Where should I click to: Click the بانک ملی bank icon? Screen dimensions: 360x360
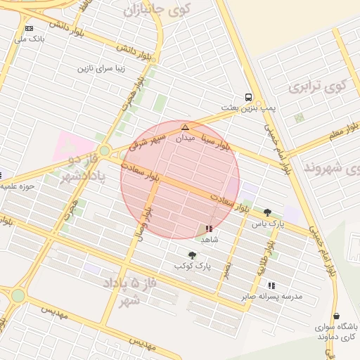tap(29, 28)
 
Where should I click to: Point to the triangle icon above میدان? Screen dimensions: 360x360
tap(185, 127)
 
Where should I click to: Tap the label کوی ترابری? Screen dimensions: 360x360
tap(318, 86)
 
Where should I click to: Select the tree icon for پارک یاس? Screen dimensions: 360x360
tap(267, 212)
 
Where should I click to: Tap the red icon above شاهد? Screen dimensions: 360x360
tap(208, 229)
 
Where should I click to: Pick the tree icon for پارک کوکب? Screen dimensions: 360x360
tap(192, 255)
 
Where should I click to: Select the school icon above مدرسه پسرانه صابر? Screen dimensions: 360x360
tap(271, 285)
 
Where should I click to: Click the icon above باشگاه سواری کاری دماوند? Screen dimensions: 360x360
tap(336, 316)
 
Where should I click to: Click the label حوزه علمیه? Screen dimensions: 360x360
tap(18, 187)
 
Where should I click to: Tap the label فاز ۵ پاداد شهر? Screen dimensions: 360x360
tap(122, 290)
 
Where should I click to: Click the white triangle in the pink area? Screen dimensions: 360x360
tap(69, 145)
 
